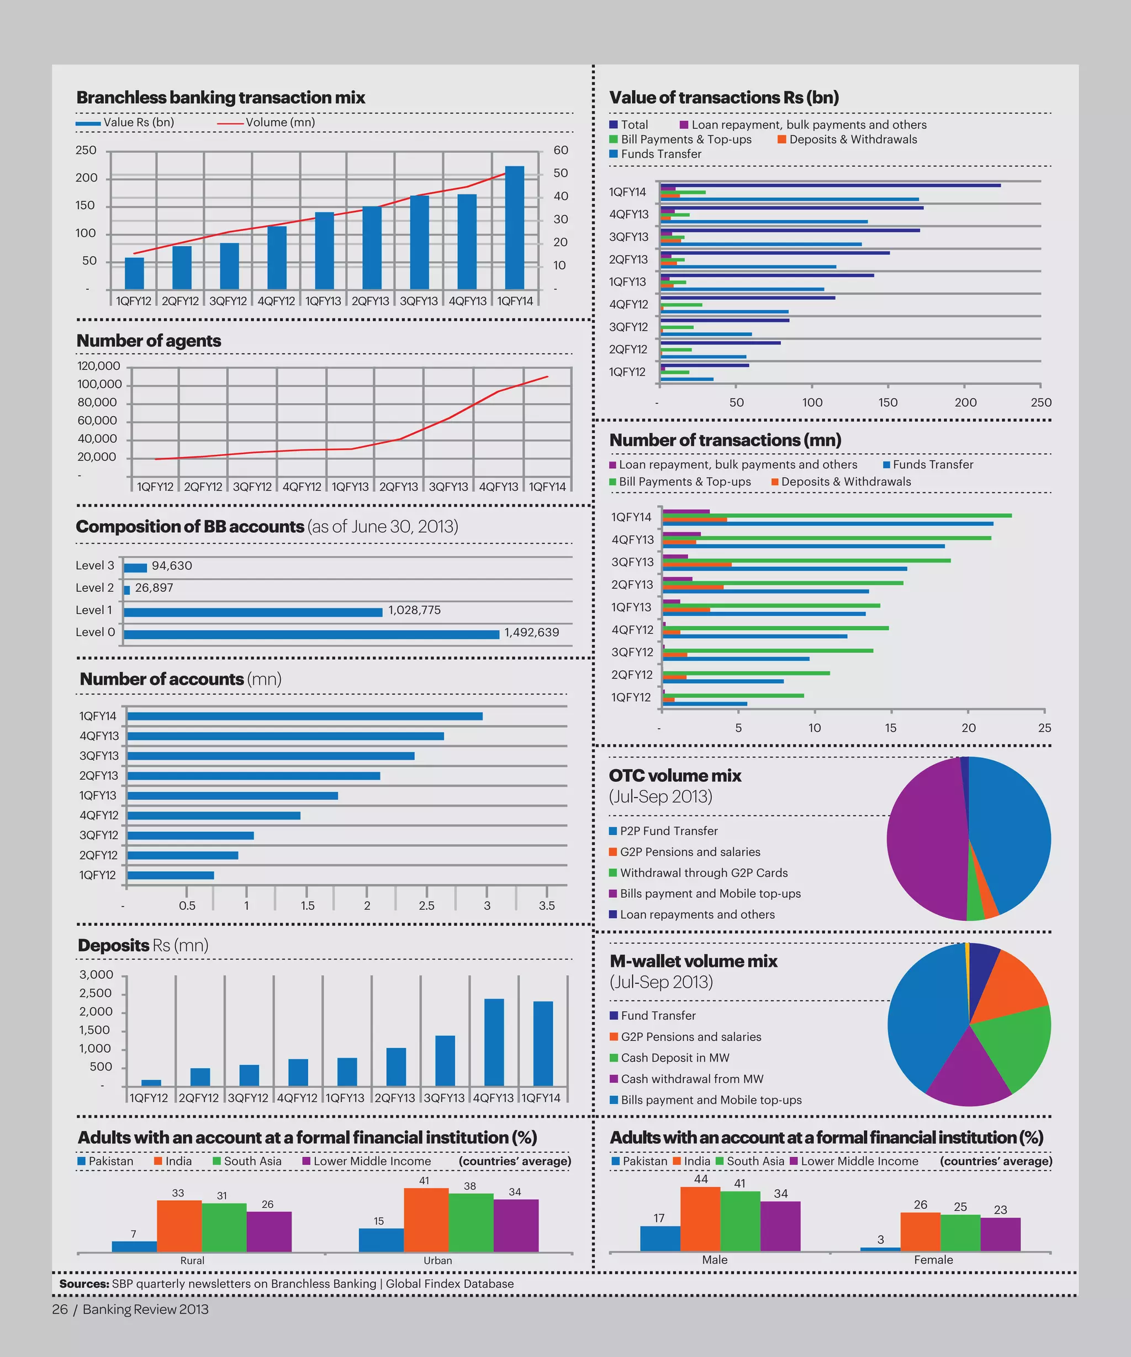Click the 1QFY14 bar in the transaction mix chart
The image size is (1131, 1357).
[515, 227]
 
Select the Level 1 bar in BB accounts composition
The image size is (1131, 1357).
[253, 612]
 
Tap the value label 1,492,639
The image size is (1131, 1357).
[531, 633]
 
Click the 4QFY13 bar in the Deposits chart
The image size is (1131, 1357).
[494, 1042]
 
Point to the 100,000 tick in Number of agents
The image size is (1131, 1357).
[99, 384]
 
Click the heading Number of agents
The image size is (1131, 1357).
[149, 341]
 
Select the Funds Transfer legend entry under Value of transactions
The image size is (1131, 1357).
[660, 155]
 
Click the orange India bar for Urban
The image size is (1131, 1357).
[426, 1220]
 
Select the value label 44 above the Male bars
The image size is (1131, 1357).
[701, 1179]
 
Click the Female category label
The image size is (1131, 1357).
[933, 1260]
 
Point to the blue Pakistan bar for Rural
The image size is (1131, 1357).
[134, 1247]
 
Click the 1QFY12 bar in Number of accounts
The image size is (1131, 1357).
[171, 876]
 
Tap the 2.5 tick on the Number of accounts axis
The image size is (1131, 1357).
[426, 906]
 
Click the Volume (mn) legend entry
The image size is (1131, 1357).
[279, 123]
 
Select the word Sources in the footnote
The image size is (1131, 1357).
[84, 1284]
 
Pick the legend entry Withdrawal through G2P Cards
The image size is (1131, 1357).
[703, 873]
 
